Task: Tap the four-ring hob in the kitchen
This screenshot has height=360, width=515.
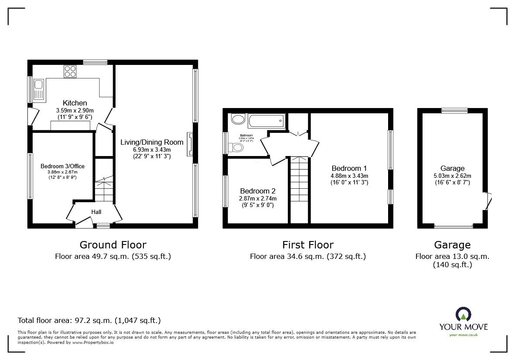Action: coord(70,71)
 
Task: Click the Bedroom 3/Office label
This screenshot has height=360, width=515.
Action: coord(62,166)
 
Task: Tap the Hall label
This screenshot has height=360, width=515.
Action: coord(96,212)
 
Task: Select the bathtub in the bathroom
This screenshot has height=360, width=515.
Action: coord(266,121)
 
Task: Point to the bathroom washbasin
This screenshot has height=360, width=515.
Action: coord(238,119)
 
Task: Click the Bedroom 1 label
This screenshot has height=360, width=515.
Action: coord(349,168)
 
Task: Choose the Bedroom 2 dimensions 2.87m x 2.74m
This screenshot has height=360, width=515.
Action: coord(257,198)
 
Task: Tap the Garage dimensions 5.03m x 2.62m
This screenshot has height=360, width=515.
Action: coord(452,176)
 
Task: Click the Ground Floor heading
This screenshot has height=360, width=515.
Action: coord(113,245)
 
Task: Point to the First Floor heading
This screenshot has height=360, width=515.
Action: coord(307,245)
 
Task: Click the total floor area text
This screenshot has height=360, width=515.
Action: coord(89,320)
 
